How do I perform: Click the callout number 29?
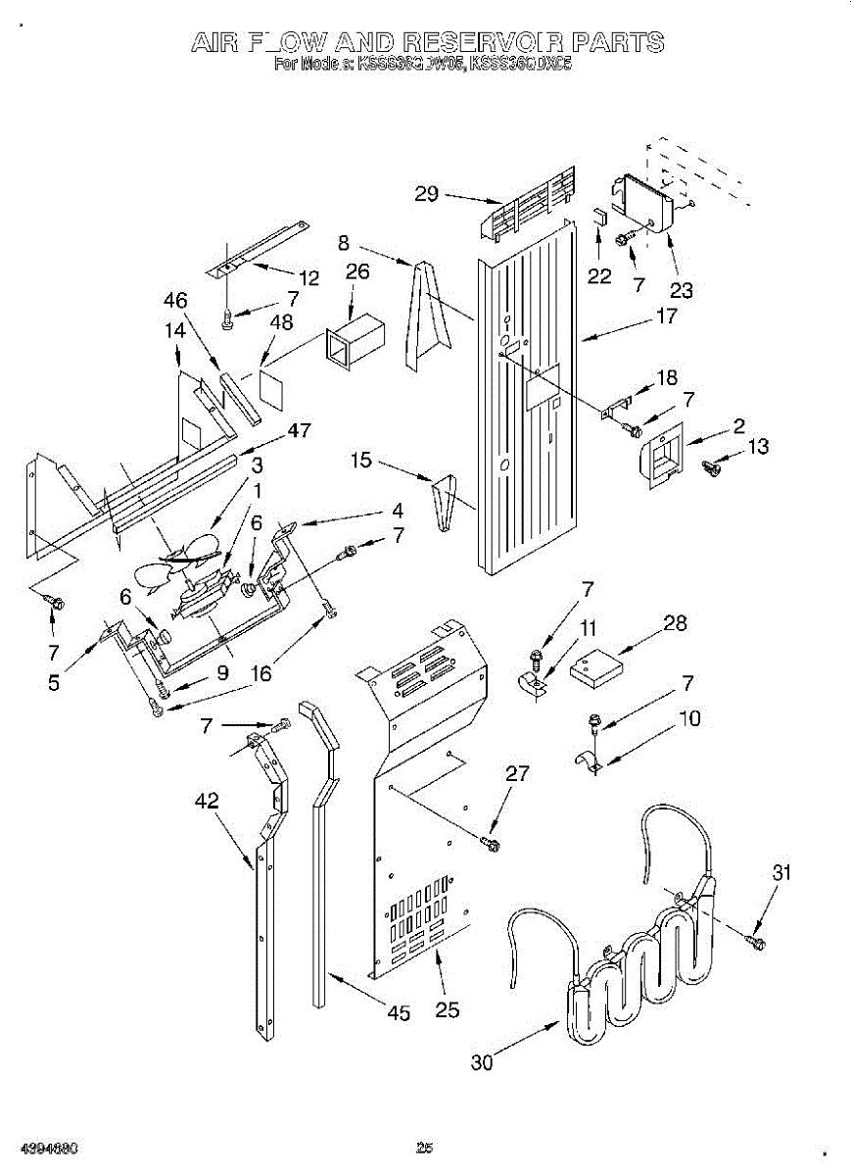(x=426, y=193)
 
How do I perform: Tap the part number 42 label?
(x=206, y=801)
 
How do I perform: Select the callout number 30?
(x=482, y=1062)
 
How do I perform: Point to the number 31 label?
(x=780, y=873)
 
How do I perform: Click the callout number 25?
(x=447, y=1010)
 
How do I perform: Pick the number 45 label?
(x=398, y=1014)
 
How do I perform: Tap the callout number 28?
(x=675, y=622)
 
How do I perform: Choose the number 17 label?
(x=666, y=316)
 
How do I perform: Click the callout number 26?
(x=357, y=271)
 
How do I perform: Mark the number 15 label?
(x=361, y=459)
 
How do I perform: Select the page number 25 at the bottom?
(x=424, y=1149)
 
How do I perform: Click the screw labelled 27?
(x=492, y=841)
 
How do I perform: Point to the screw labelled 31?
(x=755, y=943)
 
